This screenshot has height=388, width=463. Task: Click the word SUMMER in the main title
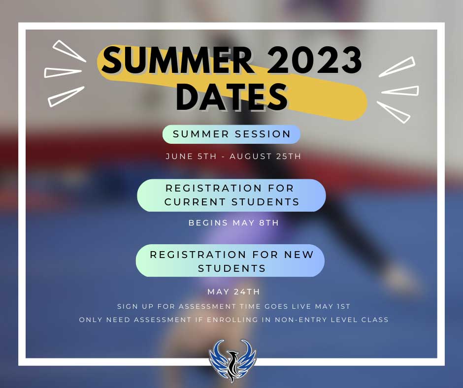(x=177, y=61)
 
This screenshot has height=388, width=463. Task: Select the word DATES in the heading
(x=232, y=97)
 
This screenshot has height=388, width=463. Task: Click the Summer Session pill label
(x=231, y=134)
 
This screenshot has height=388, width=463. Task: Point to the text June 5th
(x=191, y=156)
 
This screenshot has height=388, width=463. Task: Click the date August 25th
(x=265, y=156)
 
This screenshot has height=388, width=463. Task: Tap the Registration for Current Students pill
(x=231, y=195)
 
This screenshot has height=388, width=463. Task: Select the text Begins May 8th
(x=233, y=223)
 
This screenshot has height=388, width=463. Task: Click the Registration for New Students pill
(x=231, y=261)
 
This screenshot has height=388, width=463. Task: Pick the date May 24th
(x=233, y=291)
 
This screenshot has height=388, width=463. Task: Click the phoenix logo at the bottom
(x=232, y=361)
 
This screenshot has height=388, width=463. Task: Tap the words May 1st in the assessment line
(x=332, y=306)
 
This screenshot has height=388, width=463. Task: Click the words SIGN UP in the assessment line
(x=135, y=306)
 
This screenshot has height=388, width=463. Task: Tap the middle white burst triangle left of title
(x=63, y=73)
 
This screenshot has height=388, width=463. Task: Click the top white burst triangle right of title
(x=397, y=67)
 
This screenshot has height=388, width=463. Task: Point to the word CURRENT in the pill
(x=195, y=202)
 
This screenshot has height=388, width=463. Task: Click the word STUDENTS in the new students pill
(x=232, y=268)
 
